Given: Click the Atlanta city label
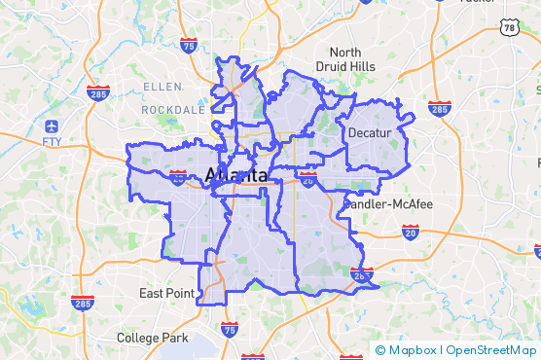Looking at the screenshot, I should [237, 176].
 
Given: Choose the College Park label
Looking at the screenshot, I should [152, 338].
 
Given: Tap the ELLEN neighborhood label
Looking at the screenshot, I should [162, 87].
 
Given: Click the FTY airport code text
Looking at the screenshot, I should [52, 142].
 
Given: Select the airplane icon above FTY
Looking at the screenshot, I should [51, 126].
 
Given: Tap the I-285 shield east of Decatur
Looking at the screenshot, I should [439, 108].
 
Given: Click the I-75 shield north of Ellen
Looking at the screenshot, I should [189, 44].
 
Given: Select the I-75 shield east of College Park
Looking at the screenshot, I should [230, 329].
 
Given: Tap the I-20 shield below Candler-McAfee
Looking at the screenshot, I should [411, 232].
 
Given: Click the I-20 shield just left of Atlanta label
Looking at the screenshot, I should [178, 177].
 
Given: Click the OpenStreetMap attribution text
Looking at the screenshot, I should [491, 350].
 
